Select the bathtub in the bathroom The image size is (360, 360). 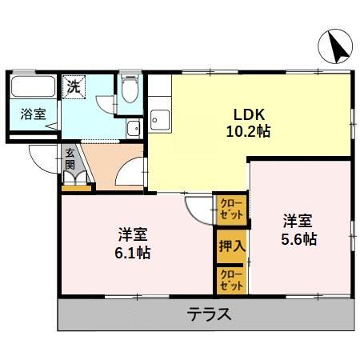[x=32, y=89]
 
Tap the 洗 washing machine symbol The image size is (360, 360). [x=74, y=86]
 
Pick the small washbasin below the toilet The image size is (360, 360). [x=133, y=127]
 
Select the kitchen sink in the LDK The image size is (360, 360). [x=158, y=120]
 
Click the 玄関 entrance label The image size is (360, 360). [x=70, y=159]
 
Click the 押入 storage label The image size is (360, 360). [x=231, y=247]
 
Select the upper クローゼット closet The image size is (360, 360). [x=230, y=210]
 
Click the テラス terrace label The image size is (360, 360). [x=210, y=314]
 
